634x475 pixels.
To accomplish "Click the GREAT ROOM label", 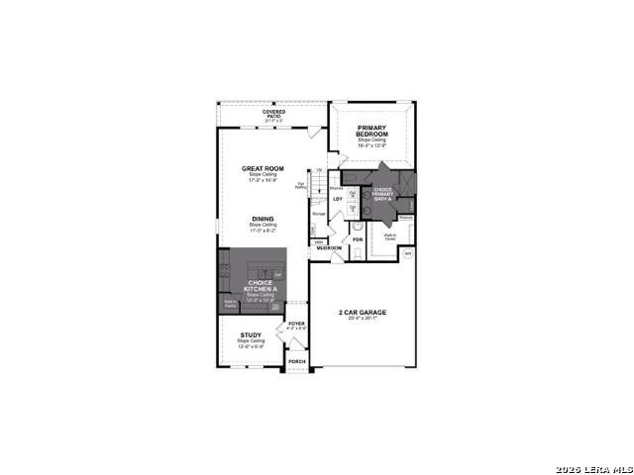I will tap(263, 168).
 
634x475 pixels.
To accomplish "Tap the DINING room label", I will tap(263, 219).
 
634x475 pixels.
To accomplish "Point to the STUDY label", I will tap(251, 334).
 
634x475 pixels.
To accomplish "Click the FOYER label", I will tap(296, 324).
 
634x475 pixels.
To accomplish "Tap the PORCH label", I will tap(296, 361).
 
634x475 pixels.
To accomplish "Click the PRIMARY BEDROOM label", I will tap(371, 130).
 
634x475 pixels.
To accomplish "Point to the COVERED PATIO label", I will tap(274, 114).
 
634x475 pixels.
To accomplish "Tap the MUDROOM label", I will tap(329, 247).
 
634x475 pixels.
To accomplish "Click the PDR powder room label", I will tap(358, 239).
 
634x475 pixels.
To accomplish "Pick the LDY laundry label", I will tap(338, 199).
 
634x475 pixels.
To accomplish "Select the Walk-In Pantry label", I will tap(230, 303).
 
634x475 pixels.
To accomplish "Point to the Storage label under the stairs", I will tap(319, 214).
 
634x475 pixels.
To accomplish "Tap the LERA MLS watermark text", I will tap(593, 467).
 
